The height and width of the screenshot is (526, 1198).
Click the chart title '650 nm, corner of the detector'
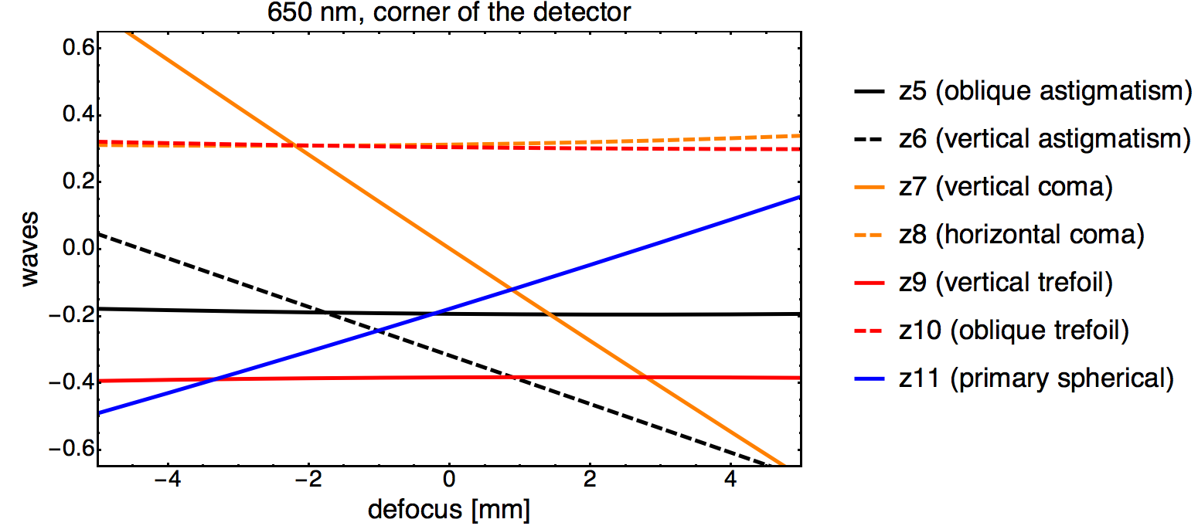448,12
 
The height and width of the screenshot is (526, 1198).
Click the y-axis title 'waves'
29,249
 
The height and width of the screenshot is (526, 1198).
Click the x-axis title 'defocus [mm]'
449,511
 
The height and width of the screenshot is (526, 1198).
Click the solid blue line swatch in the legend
871,378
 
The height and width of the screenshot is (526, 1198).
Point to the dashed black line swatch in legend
871,139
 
